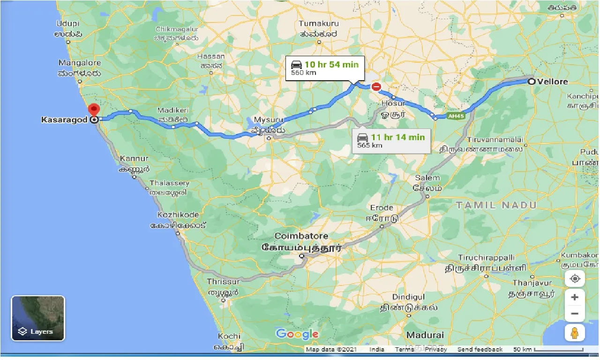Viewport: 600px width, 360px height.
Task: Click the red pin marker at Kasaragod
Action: [94, 111]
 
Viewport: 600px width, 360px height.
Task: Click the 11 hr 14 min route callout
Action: [391, 140]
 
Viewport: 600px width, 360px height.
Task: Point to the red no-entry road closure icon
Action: [376, 86]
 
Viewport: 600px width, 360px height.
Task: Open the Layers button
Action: [38, 318]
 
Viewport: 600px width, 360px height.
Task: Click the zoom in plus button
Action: [575, 297]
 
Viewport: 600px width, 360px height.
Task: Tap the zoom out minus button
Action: [575, 313]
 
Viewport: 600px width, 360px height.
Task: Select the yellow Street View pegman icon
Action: [575, 333]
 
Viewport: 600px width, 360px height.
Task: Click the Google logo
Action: [297, 334]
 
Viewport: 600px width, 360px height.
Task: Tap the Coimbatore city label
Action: [301, 236]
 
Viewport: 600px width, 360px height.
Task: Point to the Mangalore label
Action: [79, 63]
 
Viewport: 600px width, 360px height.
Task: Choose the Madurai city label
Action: [425, 335]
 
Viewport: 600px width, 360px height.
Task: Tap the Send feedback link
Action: [480, 350]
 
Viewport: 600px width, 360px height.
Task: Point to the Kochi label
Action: [229, 337]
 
